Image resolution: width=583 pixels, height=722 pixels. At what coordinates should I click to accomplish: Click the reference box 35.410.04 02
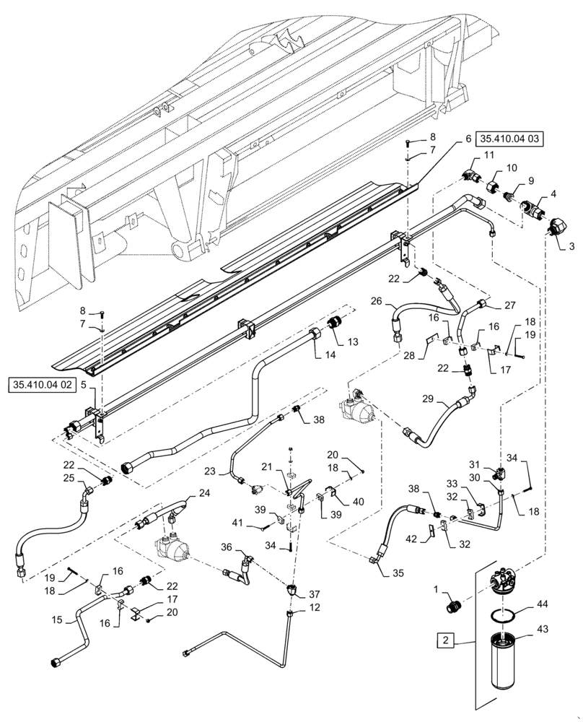click(x=43, y=386)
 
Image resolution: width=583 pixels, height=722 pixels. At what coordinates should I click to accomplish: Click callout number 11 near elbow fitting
click(x=488, y=155)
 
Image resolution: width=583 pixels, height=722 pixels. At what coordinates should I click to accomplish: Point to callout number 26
click(x=376, y=301)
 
